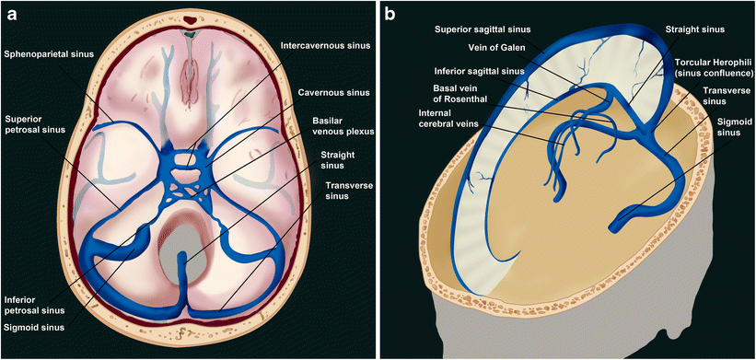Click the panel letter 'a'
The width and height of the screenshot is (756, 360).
tap(12, 14)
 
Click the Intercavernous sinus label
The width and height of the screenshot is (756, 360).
tap(325, 46)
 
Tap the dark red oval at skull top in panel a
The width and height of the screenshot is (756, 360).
tap(191, 20)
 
